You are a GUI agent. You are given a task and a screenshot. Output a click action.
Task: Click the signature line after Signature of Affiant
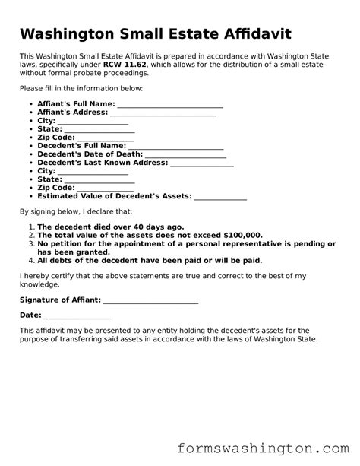[150, 301]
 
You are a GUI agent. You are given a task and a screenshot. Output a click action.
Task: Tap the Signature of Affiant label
[60, 300]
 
